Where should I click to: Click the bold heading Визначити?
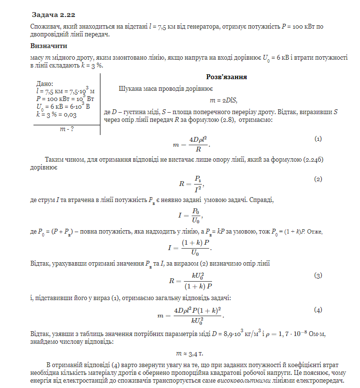pyautogui.click(x=49, y=46)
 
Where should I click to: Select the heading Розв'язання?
pyautogui.click(x=227, y=77)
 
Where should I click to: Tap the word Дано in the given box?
pyautogui.click(x=45, y=84)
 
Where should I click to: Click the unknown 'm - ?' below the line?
pyautogui.click(x=66, y=129)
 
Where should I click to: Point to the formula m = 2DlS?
pyautogui.click(x=223, y=101)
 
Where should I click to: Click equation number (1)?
pyautogui.click(x=318, y=139)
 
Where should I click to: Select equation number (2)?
pyautogui.click(x=318, y=179)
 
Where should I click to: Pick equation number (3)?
pyautogui.click(x=318, y=276)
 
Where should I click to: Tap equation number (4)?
pyautogui.click(x=318, y=310)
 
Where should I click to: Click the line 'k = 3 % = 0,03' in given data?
pyautogui.click(x=56, y=115)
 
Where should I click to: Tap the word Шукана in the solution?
pyautogui.click(x=131, y=89)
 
